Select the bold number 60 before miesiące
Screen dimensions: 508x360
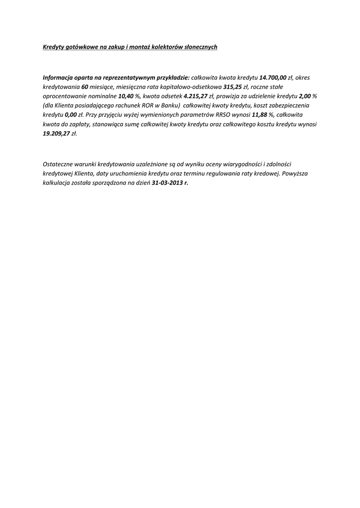pyautogui.click(x=84, y=87)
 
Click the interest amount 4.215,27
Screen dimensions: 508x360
pyautogui.click(x=196, y=96)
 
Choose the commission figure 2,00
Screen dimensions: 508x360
pyautogui.click(x=304, y=96)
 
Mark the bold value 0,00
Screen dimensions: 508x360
pyautogui.click(x=71, y=115)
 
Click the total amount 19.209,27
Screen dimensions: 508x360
pyautogui.click(x=57, y=133)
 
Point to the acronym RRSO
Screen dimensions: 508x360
pyautogui.click(x=223, y=115)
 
